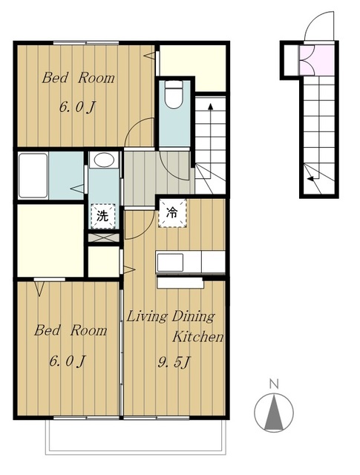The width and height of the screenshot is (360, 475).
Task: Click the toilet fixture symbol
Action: (x=174, y=94)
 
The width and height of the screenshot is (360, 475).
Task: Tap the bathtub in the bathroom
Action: (x=33, y=175)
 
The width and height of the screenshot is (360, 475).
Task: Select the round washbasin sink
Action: (x=104, y=160)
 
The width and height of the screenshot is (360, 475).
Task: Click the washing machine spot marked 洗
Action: (x=103, y=216)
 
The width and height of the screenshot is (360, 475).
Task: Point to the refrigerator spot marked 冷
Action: (x=172, y=213)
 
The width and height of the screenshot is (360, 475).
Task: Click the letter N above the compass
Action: (x=274, y=384)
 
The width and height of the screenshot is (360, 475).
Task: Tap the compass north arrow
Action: (x=274, y=412)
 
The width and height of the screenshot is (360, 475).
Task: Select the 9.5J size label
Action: (x=174, y=362)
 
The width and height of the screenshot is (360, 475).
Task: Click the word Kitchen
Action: (x=198, y=336)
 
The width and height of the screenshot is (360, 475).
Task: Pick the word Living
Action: (x=147, y=317)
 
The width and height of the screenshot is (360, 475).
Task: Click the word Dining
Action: (x=193, y=317)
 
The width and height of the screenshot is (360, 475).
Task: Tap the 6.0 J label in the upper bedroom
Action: (x=78, y=107)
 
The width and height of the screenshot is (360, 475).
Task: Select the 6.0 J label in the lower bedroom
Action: (x=68, y=361)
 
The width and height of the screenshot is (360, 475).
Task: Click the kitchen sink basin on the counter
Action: (x=170, y=262)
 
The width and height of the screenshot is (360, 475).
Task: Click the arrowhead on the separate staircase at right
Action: (x=311, y=179)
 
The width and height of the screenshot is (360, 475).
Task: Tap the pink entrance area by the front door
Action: (x=317, y=60)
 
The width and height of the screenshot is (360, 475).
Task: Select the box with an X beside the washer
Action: (x=104, y=237)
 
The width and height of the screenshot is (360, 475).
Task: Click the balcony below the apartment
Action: (x=136, y=436)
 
